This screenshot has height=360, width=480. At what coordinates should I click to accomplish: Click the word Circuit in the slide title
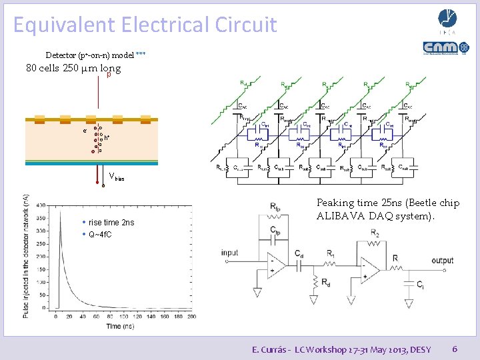coord(246,25)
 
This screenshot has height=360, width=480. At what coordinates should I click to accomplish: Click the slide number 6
coord(455,349)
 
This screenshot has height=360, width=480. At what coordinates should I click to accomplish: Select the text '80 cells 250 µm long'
coord(73,69)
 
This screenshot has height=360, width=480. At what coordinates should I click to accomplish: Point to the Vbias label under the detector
coord(117,178)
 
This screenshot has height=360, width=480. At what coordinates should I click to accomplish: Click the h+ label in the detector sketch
coord(107,138)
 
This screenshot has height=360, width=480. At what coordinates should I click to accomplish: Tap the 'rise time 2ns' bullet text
coord(111,223)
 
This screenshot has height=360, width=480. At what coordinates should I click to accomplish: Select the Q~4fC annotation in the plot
coord(100,235)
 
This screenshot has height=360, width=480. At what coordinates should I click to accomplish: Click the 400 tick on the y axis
coord(42,205)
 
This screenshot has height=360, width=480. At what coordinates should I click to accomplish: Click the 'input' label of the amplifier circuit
coord(230,253)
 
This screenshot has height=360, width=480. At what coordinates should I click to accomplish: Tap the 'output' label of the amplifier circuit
coord(442,260)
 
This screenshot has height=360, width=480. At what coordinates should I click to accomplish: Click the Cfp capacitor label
coord(275,231)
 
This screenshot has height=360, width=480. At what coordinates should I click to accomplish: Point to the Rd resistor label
coord(326,282)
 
